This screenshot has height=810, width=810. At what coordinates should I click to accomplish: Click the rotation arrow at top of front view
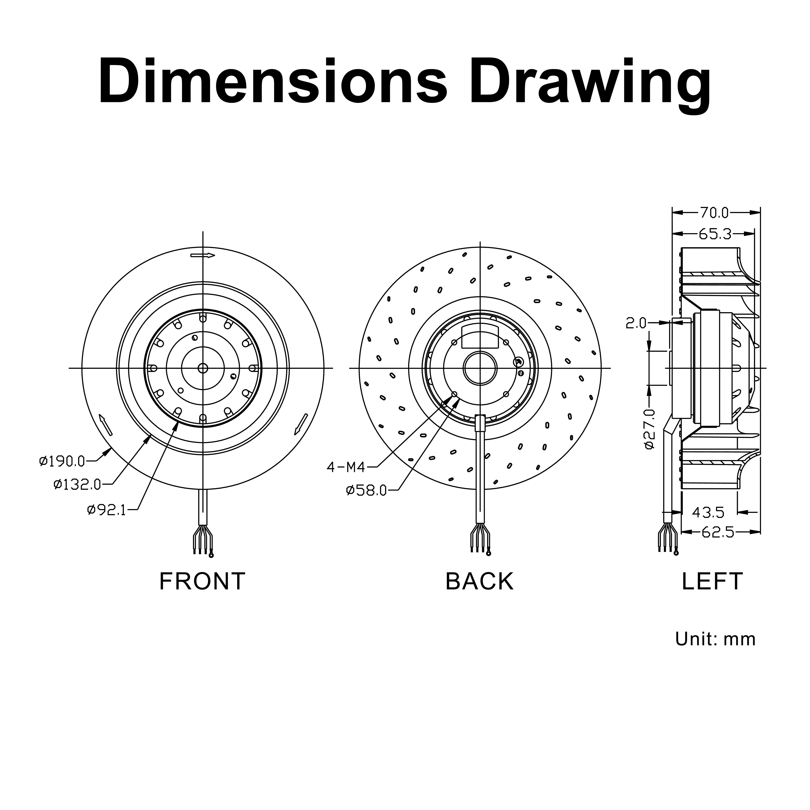pos(202,255)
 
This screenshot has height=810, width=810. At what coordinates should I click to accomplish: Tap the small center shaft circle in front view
pos(203,368)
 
